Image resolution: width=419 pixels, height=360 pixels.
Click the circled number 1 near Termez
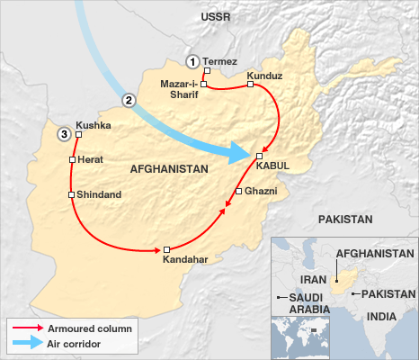(x=192, y=61)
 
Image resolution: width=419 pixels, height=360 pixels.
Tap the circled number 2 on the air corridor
(x=129, y=100)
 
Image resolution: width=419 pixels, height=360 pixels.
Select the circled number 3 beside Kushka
(x=63, y=134)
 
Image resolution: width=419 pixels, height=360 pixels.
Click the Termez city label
(x=220, y=61)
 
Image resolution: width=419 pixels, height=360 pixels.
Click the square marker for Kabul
(x=259, y=156)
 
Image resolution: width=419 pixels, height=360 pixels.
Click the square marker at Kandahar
(x=166, y=248)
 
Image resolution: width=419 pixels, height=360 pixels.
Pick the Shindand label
(x=100, y=194)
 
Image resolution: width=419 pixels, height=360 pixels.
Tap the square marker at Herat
(x=71, y=159)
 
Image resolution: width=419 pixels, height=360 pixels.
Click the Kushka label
(x=94, y=126)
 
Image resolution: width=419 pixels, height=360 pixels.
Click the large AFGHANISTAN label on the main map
(x=169, y=168)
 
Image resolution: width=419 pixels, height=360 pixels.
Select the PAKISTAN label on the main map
(x=343, y=219)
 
